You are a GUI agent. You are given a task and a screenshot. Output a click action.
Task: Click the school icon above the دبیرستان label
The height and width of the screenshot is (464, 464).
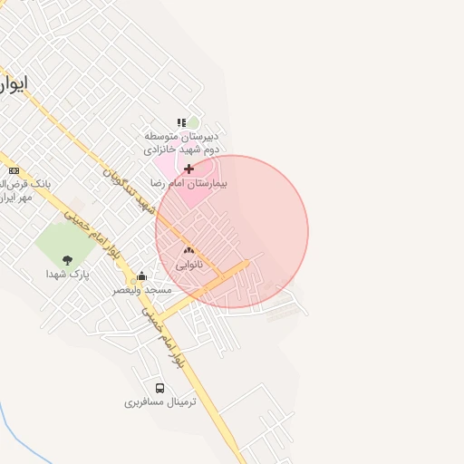point(181,122)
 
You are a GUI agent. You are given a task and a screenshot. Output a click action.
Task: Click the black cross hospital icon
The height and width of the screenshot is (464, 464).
point(188,169)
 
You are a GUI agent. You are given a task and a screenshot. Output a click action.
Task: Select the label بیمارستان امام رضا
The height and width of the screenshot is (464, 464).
point(190,183)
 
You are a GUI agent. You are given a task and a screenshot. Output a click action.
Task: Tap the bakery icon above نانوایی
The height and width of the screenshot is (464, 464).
point(188,251)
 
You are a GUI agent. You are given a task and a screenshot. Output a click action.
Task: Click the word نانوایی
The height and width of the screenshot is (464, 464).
point(188,265)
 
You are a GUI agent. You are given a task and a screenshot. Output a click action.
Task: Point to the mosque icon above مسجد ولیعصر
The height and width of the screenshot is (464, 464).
point(141,276)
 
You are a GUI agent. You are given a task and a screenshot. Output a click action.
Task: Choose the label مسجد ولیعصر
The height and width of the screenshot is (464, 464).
point(141,290)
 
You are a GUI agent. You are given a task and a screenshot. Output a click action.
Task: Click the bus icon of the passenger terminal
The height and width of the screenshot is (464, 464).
point(159,387)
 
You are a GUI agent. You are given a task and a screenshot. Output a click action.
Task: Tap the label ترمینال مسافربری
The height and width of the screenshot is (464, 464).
point(159,401)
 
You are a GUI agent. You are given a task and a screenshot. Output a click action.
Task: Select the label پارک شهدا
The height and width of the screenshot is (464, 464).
point(68,274)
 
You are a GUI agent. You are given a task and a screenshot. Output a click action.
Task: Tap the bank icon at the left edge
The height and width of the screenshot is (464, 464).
point(14,170)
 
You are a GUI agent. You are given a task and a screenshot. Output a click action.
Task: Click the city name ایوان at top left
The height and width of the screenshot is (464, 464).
point(13,83)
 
